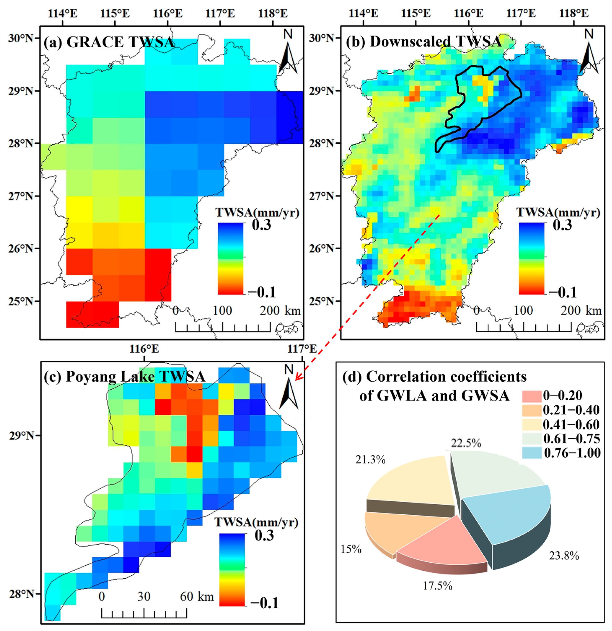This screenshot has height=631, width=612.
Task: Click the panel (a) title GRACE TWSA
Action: coord(109,42)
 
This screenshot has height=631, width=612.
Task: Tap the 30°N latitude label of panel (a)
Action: coord(21,38)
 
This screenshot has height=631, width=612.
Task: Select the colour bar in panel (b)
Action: coord(531,258)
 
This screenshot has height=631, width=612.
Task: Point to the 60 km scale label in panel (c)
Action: coord(196,597)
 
